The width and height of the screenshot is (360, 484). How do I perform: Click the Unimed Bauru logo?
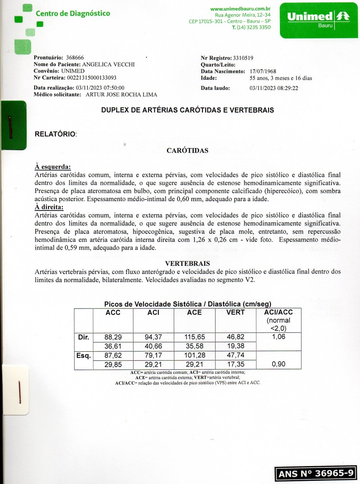point(318,20)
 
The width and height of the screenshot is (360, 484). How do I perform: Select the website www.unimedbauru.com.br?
point(240,9)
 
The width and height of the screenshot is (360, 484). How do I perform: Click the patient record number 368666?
point(75,58)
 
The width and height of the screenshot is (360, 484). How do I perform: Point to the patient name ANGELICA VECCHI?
point(108,64)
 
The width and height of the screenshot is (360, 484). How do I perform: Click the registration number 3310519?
point(243,58)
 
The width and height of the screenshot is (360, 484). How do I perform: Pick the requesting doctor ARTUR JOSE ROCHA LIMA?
point(121,94)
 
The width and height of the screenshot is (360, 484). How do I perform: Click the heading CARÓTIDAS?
point(187,151)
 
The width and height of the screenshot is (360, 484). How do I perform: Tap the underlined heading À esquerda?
point(53,167)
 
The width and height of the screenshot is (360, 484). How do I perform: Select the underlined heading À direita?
point(49,207)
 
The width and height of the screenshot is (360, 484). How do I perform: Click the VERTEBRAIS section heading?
point(187,263)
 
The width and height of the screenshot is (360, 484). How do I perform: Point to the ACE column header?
point(194,313)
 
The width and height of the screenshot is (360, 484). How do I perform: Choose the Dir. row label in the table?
point(83,337)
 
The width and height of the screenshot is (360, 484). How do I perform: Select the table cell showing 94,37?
point(153,337)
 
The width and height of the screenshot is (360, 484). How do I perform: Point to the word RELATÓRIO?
point(55,134)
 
